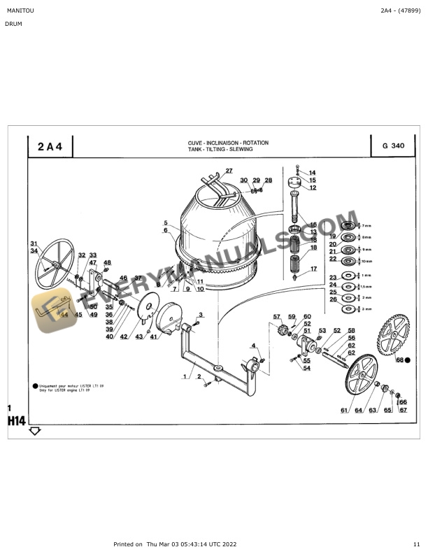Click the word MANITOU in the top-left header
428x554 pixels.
(x=19, y=11)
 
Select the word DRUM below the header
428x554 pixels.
(x=13, y=24)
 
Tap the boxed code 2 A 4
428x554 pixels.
(x=50, y=146)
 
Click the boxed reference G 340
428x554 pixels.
(x=393, y=146)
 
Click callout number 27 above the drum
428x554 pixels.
(x=228, y=171)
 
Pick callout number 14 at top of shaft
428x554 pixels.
(x=312, y=172)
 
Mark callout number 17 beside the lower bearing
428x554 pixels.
(x=313, y=269)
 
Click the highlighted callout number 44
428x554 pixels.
(x=64, y=315)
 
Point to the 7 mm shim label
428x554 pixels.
(x=367, y=225)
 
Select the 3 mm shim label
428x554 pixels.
(x=367, y=308)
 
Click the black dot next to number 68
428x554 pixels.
(x=408, y=360)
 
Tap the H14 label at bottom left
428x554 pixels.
(x=17, y=421)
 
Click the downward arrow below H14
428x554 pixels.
(x=35, y=431)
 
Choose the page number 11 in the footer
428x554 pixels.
(x=416, y=544)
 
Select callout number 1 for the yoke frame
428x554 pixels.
(x=185, y=376)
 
